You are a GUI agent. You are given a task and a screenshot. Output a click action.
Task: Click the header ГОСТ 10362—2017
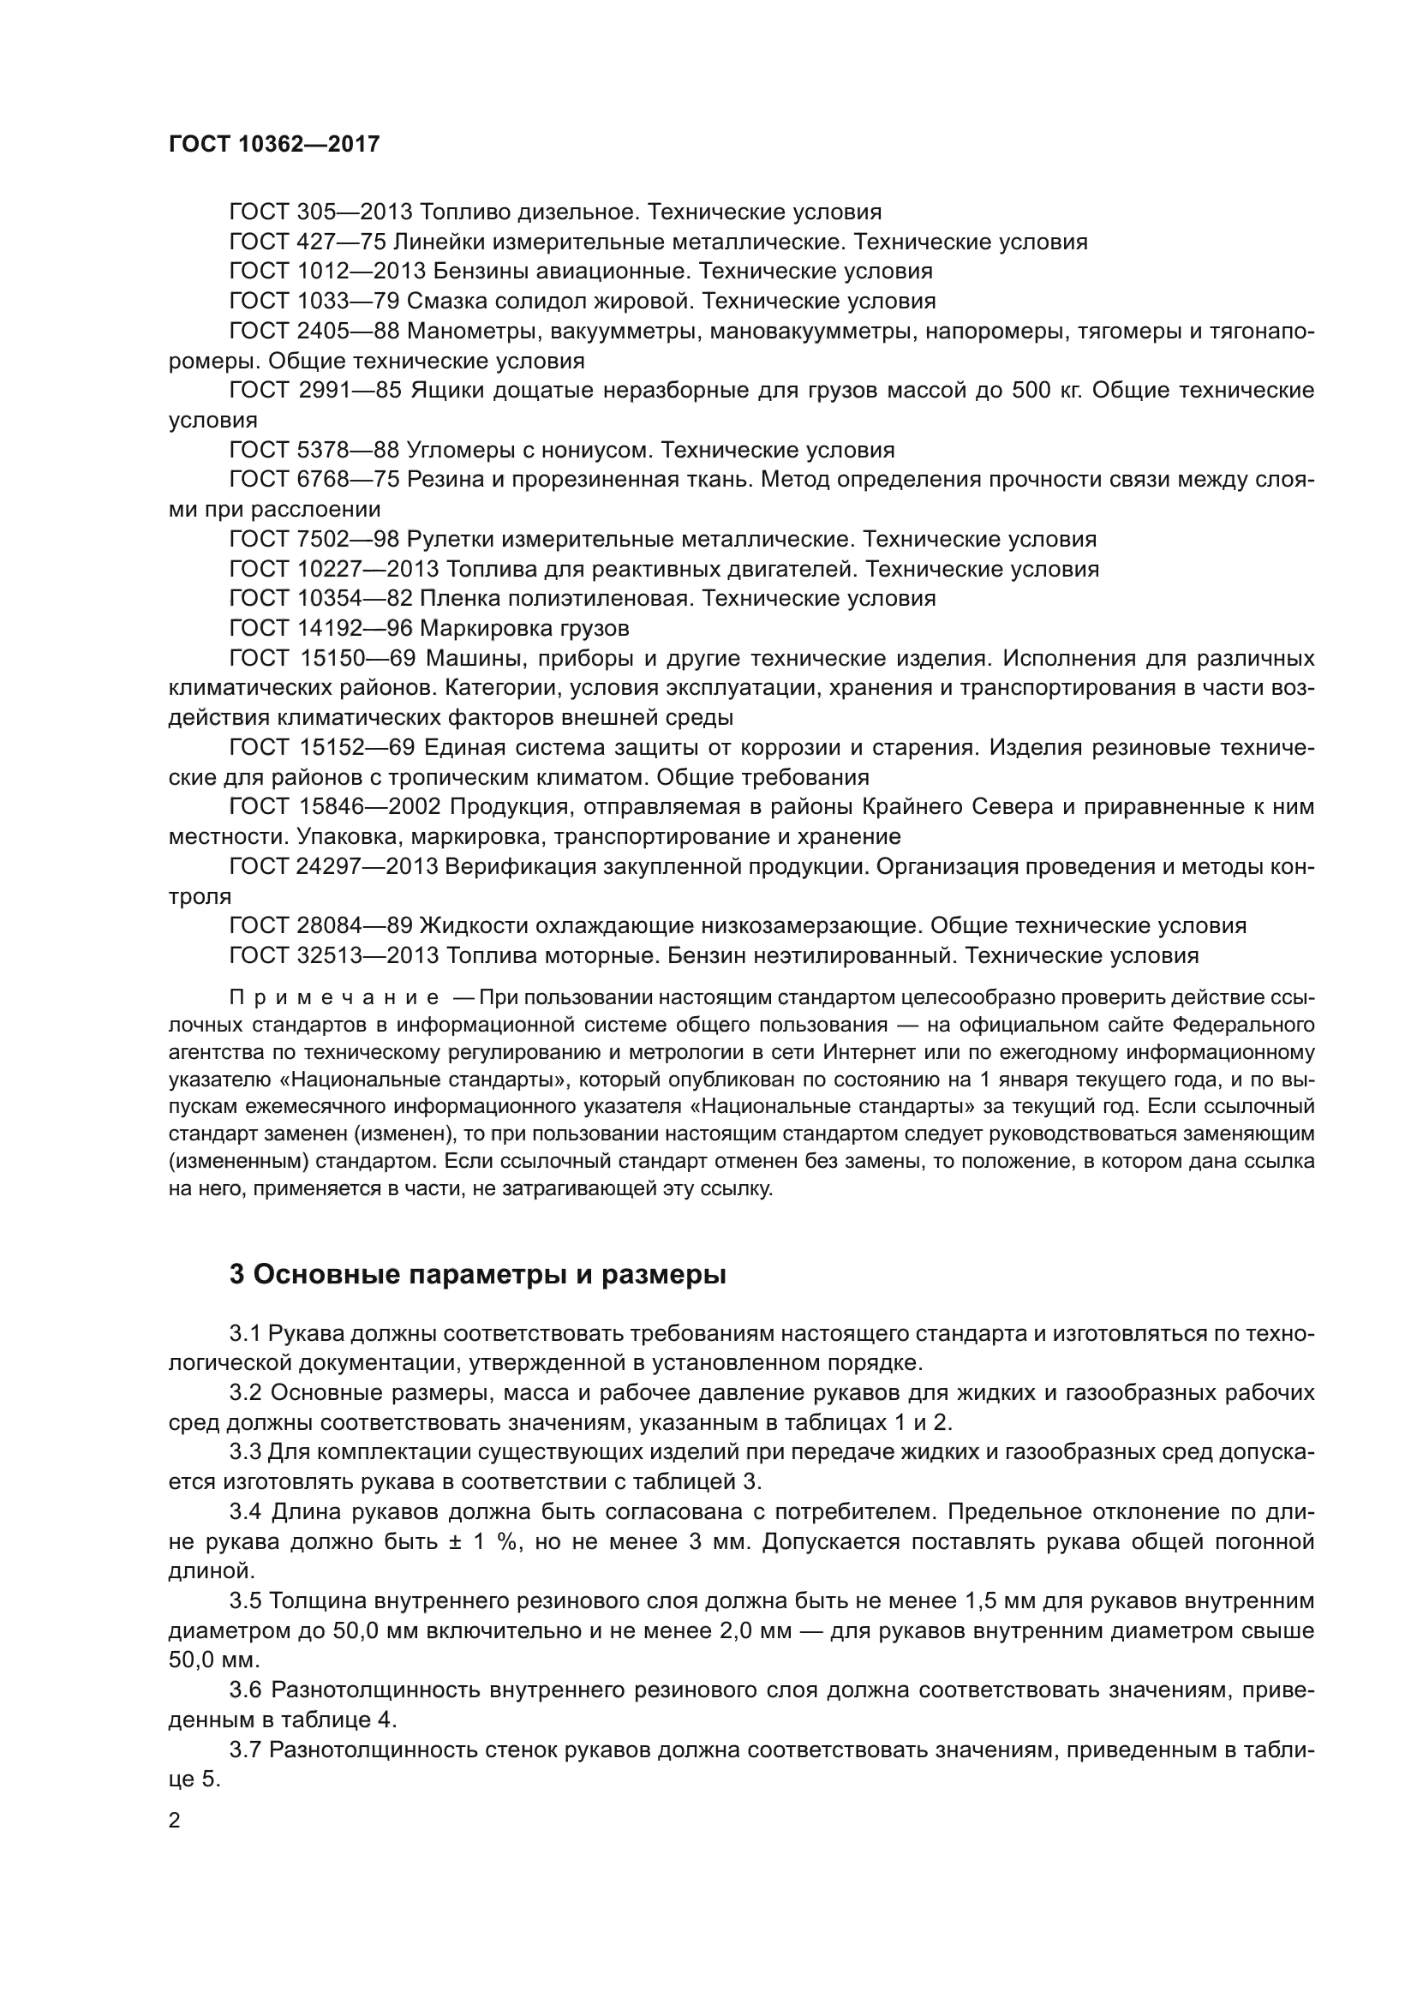pos(274,144)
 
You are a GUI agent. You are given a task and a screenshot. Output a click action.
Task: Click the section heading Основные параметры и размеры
pos(477,1273)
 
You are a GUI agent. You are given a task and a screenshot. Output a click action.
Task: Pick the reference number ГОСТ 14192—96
pos(320,627)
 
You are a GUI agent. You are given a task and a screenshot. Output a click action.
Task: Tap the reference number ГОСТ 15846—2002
pos(335,806)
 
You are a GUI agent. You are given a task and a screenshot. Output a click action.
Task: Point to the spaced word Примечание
pos(334,997)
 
